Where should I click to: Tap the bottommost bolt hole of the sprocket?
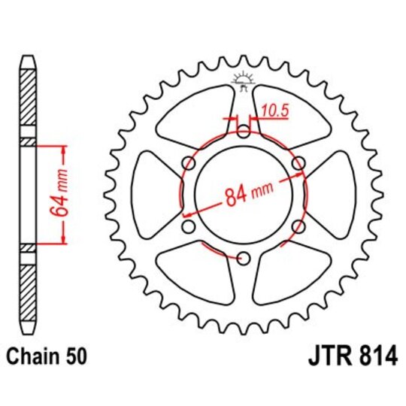(x=243, y=258)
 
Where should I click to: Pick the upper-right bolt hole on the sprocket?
(x=298, y=164)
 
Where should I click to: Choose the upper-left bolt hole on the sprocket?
(x=188, y=164)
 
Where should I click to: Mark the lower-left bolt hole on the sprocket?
(x=188, y=227)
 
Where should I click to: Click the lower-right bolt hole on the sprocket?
(x=298, y=227)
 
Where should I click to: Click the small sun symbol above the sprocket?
(x=243, y=78)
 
